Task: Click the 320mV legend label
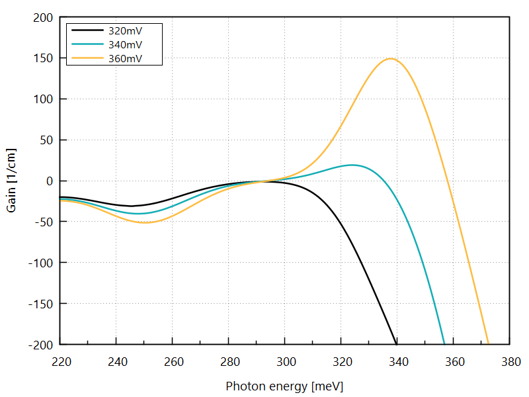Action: [126, 30]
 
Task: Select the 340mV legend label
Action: [126, 44]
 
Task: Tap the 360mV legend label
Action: [126, 58]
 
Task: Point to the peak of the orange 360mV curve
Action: [390, 59]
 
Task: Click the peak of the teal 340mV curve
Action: [352, 165]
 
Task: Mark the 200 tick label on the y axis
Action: [42, 18]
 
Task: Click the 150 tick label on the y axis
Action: [42, 58]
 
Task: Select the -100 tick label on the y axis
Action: [40, 263]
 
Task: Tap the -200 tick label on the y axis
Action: [40, 344]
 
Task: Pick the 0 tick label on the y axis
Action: [48, 181]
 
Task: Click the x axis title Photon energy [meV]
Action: [284, 386]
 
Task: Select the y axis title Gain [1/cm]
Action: [11, 181]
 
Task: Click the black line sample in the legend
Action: [86, 30]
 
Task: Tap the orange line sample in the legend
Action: [86, 58]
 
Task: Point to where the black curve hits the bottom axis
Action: [396, 343]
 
